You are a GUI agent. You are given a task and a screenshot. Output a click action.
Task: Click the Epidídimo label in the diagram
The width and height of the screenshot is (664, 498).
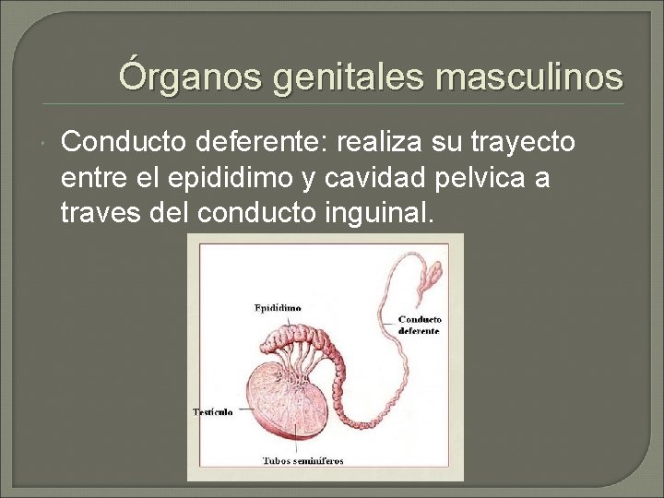click(278, 307)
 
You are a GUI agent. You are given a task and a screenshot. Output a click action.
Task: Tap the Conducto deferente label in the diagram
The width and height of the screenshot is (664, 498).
click(419, 325)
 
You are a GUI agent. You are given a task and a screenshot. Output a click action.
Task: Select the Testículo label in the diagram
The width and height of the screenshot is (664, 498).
click(212, 411)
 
